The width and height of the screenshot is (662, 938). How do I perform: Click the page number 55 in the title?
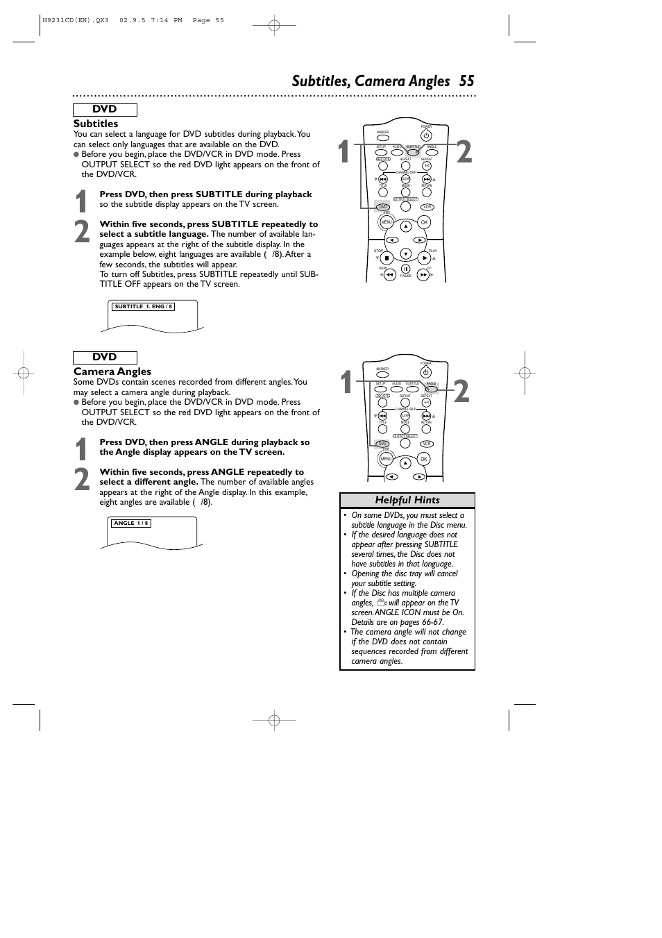[466, 81]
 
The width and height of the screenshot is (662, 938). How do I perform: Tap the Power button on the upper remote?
[426, 136]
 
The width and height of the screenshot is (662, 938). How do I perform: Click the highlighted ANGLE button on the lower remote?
[431, 389]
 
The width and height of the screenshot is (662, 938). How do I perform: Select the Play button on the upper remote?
[425, 258]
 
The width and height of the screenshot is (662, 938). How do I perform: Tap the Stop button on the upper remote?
[387, 258]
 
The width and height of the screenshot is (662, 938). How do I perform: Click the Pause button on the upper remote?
[406, 269]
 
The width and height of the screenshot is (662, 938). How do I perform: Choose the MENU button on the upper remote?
[387, 222]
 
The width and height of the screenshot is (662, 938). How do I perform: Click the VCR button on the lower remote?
[427, 444]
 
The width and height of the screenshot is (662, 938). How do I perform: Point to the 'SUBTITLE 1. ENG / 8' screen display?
[144, 306]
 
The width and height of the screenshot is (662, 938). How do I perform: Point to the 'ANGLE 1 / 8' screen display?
[131, 523]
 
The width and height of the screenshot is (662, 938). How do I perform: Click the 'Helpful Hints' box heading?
[407, 500]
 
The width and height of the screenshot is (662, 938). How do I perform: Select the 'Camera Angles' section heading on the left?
[112, 371]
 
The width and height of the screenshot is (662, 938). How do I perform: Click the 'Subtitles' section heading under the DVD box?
[96, 124]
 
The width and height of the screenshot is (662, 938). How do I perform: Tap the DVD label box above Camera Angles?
[105, 357]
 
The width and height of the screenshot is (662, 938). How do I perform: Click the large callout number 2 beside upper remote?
[464, 152]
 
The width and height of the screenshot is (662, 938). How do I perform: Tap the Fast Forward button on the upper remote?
[424, 274]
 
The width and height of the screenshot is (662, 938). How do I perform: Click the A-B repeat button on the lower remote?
[426, 403]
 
